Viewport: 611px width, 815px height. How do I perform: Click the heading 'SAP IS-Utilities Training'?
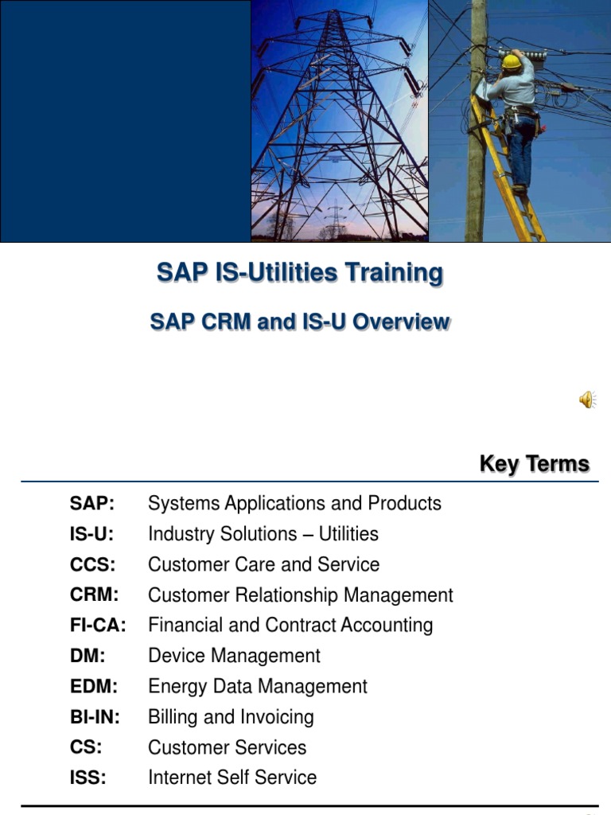tap(300, 273)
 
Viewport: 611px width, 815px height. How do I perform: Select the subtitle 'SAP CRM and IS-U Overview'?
tap(300, 322)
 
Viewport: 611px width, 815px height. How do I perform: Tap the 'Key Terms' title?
tap(534, 464)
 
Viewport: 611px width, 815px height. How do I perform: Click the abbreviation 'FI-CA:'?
tap(98, 626)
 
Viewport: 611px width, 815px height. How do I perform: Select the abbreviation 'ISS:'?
tap(88, 778)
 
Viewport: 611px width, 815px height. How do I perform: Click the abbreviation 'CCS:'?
tap(92, 564)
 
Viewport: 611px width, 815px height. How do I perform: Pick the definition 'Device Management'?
tap(234, 656)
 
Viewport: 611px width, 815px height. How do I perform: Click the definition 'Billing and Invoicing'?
tap(231, 717)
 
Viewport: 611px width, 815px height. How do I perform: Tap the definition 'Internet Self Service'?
tap(232, 778)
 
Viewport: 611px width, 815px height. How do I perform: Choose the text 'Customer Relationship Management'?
tap(300, 595)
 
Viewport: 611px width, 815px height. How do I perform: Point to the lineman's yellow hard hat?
tap(512, 60)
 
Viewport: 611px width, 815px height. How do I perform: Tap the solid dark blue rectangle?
tap(125, 119)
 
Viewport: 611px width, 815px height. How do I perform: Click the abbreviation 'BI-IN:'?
tap(95, 717)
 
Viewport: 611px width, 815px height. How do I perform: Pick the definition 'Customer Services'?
tap(227, 747)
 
